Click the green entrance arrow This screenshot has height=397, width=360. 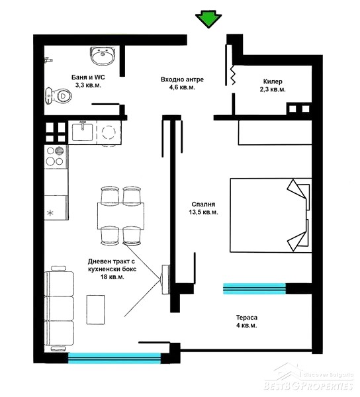[x=208, y=19]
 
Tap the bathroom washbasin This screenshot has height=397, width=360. [x=103, y=56]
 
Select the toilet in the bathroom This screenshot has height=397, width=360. [x=58, y=96]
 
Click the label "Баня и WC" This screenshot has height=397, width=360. [x=88, y=77]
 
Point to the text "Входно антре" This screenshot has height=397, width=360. [x=182, y=79]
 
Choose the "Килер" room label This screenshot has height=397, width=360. [x=273, y=81]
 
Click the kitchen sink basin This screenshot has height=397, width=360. [x=83, y=132]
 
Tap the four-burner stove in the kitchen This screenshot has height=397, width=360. [x=56, y=157]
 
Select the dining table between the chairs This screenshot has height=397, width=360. [x=120, y=216]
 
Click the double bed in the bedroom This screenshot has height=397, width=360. [x=271, y=215]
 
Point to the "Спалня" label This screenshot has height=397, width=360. [x=203, y=204]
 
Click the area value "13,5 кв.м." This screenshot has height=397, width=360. [x=203, y=212]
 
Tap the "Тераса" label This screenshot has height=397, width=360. [x=247, y=318]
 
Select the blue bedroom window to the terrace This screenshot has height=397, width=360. [x=254, y=288]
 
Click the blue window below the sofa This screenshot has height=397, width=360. [x=114, y=358]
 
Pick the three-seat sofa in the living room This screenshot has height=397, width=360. [x=59, y=308]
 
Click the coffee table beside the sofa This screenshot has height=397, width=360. [x=95, y=310]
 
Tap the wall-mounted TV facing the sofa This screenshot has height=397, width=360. [x=165, y=279]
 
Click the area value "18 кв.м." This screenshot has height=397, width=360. [x=112, y=277]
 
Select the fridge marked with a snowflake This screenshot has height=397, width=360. [x=56, y=207]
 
